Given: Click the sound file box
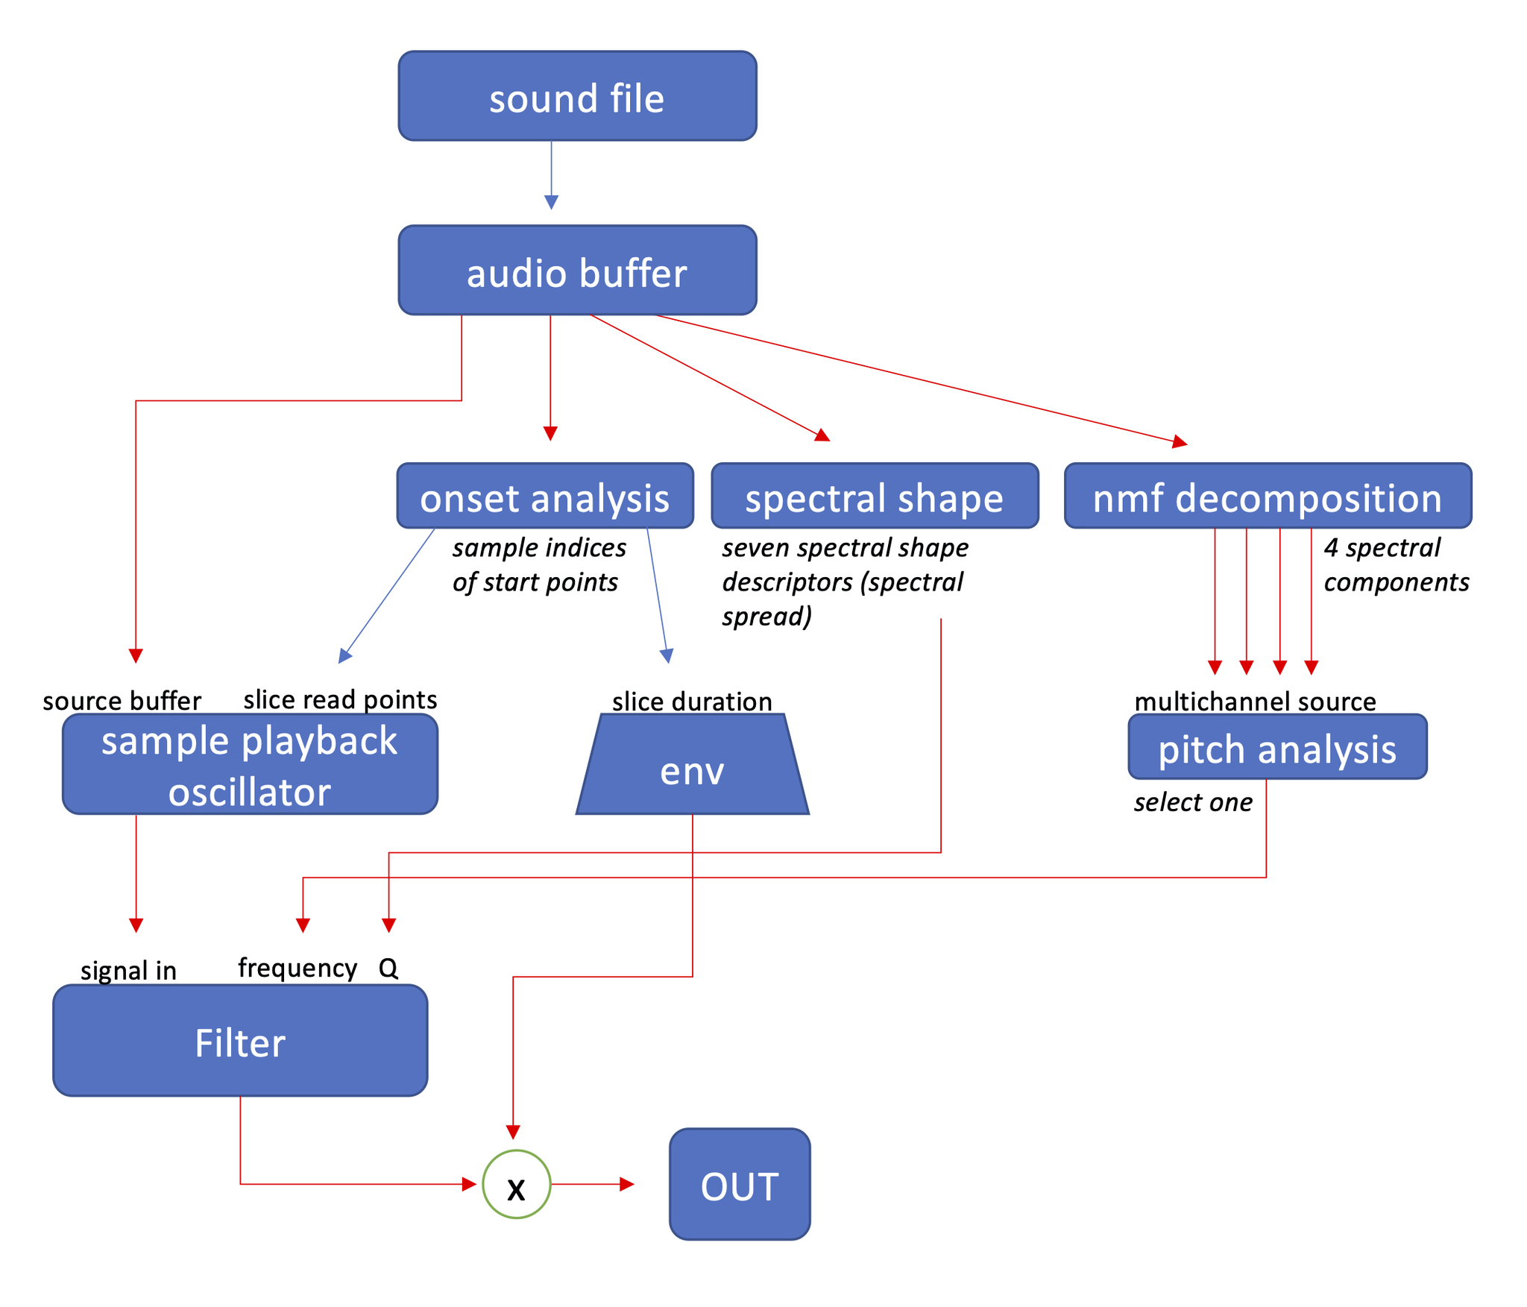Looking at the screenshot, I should (x=577, y=96).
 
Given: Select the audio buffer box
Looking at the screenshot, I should (x=577, y=271).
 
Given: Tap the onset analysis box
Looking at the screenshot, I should (x=545, y=497).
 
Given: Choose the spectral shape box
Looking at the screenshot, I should (x=875, y=497).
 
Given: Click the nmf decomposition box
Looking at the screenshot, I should (x=1268, y=497).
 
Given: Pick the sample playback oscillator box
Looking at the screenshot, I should (x=250, y=765).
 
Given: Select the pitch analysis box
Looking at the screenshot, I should (x=1277, y=748).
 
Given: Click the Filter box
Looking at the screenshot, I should (x=240, y=1042).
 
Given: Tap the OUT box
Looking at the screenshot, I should (x=740, y=1185).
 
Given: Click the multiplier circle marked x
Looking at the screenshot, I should (x=516, y=1185).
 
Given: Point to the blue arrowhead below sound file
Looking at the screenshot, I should (x=551, y=202).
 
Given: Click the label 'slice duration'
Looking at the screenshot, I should (x=692, y=702).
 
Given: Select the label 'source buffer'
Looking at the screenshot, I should (x=122, y=701).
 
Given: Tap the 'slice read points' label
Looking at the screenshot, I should (x=340, y=699).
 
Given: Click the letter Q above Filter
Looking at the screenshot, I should (x=388, y=968).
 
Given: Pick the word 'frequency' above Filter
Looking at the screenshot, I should (x=297, y=968).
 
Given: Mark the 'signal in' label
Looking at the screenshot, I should (x=128, y=971).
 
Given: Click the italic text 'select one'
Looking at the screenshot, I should (x=1193, y=802).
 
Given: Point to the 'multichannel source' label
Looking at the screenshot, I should (x=1255, y=702).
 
